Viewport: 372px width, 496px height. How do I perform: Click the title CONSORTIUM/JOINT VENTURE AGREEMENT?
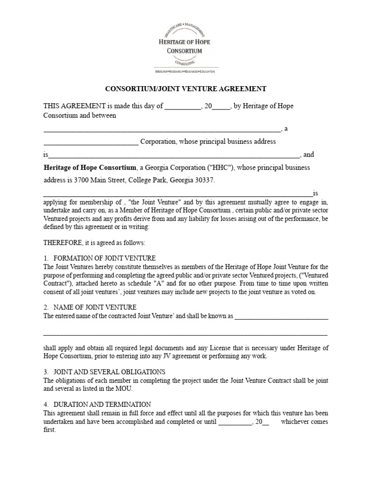click(x=186, y=89)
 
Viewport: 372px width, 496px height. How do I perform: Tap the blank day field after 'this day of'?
click(x=183, y=106)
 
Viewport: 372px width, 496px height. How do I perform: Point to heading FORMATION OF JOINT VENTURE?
click(x=105, y=258)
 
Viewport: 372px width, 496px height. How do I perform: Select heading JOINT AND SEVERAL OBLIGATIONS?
click(x=109, y=372)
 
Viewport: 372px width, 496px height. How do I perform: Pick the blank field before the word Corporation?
click(x=91, y=142)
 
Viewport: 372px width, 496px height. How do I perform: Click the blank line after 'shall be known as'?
click(x=281, y=316)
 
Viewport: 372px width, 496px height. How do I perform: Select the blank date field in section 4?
click(x=235, y=421)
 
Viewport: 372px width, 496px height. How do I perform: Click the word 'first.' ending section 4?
click(x=50, y=430)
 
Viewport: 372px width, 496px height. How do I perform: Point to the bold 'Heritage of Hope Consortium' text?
click(x=90, y=168)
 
